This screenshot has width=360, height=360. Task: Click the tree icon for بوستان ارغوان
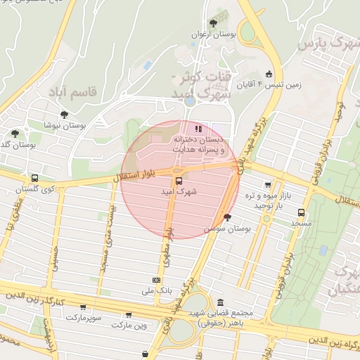[213, 24]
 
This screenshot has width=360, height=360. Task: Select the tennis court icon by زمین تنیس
[269, 75]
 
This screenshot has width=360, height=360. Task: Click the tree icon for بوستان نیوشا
[65, 114]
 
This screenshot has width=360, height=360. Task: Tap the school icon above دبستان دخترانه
[199, 129]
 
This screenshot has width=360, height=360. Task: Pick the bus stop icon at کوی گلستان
[34, 178]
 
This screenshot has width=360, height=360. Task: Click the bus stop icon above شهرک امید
[177, 180]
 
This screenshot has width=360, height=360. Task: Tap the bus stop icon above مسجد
[302, 212]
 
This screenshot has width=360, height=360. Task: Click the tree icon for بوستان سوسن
[226, 217]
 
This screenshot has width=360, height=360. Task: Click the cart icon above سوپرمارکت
[84, 307]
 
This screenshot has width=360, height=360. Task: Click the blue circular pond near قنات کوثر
[190, 101]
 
